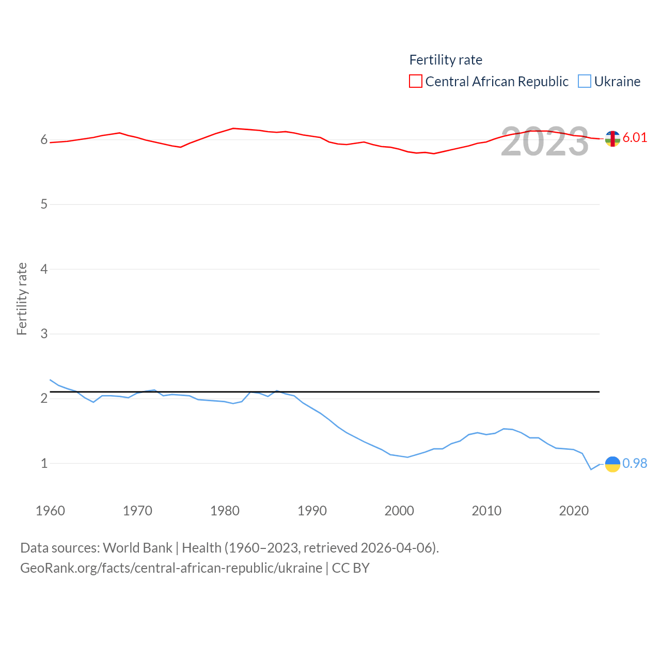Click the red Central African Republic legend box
pyautogui.click(x=416, y=82)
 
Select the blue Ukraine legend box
pyautogui.click(x=585, y=82)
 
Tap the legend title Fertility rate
pyautogui.click(x=446, y=60)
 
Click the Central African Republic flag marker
pyautogui.click(x=612, y=138)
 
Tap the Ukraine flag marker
pyautogui.click(x=612, y=464)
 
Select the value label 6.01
pyautogui.click(x=635, y=137)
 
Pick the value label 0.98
pyautogui.click(x=635, y=463)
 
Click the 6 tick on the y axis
pyautogui.click(x=44, y=140)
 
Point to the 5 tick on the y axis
pyautogui.click(x=44, y=204)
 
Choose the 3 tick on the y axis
pyautogui.click(x=44, y=334)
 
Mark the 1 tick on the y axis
pyautogui.click(x=44, y=463)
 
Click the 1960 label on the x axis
pyautogui.click(x=50, y=511)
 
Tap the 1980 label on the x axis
pyautogui.click(x=225, y=511)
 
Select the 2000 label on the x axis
pyautogui.click(x=399, y=511)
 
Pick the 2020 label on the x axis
pyautogui.click(x=574, y=511)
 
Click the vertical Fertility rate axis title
pyautogui.click(x=22, y=298)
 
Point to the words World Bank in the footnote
pyautogui.click(x=137, y=547)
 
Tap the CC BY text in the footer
pyautogui.click(x=351, y=568)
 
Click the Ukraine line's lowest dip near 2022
pyautogui.click(x=591, y=469)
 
